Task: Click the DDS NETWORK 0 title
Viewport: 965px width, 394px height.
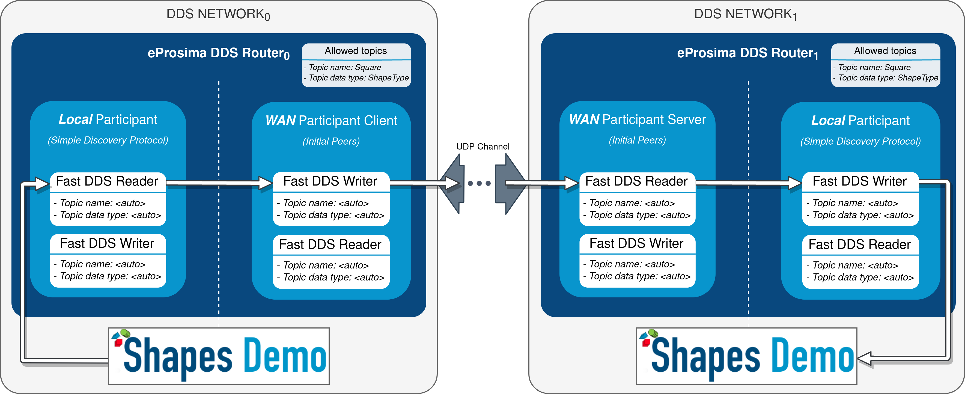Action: [x=218, y=14]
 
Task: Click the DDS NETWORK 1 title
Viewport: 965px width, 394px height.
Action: [x=746, y=14]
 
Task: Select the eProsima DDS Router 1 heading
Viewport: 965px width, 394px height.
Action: [x=748, y=53]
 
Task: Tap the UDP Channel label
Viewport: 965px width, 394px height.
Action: [x=483, y=147]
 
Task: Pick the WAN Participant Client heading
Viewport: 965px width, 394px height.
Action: [x=331, y=121]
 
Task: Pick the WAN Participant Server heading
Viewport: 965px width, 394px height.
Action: [x=637, y=120]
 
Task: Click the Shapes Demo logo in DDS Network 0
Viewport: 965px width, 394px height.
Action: [x=219, y=356]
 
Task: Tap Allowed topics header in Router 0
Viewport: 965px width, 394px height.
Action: [x=356, y=51]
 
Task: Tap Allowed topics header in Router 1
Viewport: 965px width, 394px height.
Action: [x=885, y=51]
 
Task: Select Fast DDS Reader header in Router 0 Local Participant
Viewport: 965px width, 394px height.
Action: [x=107, y=181]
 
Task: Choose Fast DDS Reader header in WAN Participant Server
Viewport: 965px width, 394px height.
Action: [x=636, y=181]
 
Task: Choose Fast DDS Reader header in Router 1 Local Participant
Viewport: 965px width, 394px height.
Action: [x=860, y=244]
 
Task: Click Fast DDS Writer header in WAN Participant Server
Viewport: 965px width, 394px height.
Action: [x=636, y=243]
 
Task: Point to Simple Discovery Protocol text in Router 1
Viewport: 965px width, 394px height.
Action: [x=860, y=141]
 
